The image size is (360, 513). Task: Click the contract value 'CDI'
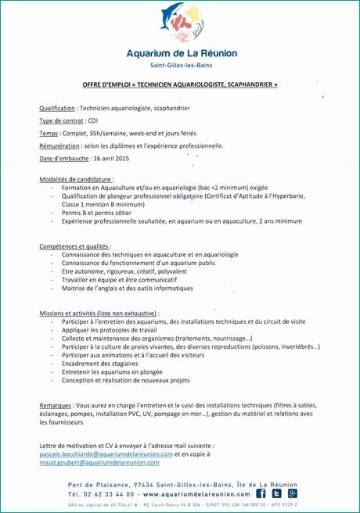(92, 121)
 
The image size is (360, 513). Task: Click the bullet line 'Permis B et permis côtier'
(97, 212)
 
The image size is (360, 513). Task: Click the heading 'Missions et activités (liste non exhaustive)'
(99, 313)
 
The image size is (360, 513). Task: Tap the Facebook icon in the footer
(261, 493)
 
